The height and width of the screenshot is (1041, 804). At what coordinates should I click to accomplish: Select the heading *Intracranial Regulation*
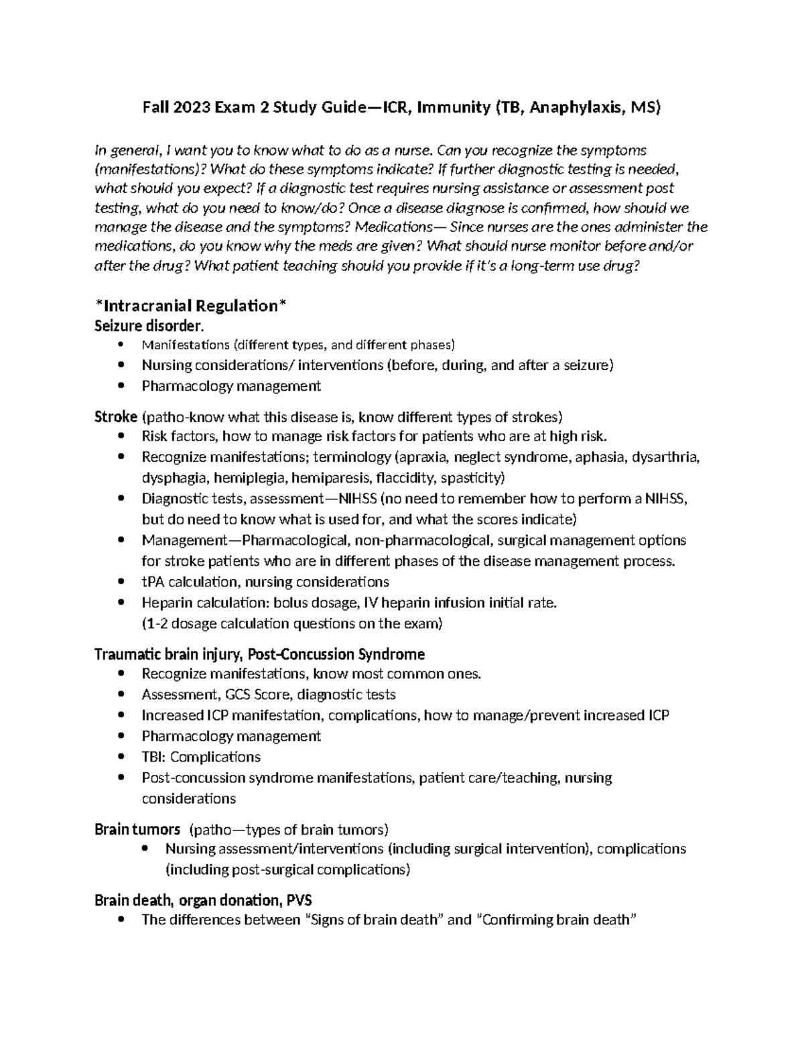coord(191,306)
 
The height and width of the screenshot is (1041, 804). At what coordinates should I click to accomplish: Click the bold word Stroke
coord(116,417)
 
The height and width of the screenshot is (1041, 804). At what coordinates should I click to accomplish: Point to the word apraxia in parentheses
coord(421,457)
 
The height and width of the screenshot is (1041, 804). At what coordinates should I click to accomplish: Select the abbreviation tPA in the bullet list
coord(153,582)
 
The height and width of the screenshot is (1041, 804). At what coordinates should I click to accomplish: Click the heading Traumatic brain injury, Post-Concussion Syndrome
coord(259,654)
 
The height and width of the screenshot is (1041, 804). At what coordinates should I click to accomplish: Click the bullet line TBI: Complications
coord(201,757)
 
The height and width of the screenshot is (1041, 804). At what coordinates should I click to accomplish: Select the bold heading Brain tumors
coord(137,829)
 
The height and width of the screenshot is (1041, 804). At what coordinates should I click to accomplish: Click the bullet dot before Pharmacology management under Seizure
coord(121,386)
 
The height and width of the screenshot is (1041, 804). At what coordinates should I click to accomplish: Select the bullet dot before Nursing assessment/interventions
coord(145,849)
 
